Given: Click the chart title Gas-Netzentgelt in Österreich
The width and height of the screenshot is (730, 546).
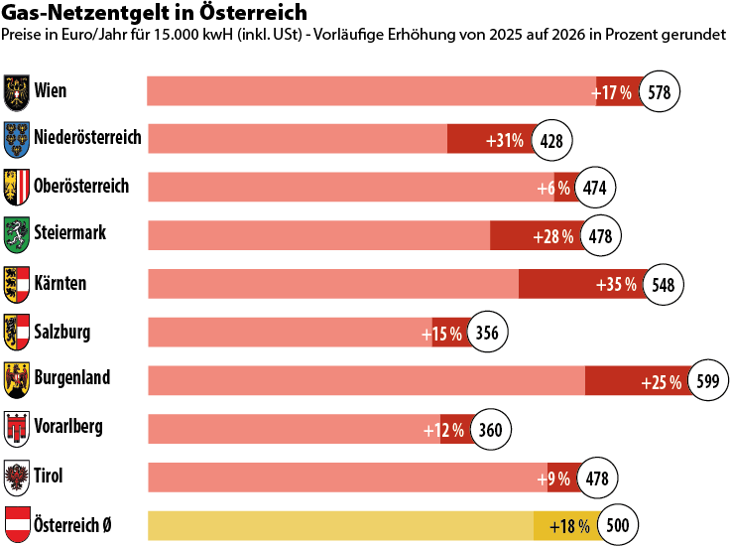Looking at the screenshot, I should coord(156,12).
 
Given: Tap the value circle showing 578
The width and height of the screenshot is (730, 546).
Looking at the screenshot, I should coord(660,92).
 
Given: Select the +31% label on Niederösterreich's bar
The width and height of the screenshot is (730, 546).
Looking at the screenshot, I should coord(505,140).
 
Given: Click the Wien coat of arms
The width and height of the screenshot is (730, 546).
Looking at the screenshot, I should coord(17,91).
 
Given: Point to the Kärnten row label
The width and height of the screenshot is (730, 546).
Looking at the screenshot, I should coord(61,283).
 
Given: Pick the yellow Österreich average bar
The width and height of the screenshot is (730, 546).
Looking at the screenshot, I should coord(367,525).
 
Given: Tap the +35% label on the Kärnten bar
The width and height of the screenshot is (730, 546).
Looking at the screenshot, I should coord(616,285).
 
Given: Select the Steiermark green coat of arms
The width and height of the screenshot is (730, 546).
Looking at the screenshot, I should coord(17,234).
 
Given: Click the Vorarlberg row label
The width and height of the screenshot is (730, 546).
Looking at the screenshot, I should coord(67,428).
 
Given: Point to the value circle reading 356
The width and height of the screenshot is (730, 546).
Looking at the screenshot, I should coord(487,333).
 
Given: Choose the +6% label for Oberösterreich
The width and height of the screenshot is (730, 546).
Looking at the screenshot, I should coord(553,188).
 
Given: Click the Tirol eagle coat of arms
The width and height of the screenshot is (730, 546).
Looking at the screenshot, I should coord(17,477).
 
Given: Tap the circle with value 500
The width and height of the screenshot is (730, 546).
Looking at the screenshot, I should coord(617,525).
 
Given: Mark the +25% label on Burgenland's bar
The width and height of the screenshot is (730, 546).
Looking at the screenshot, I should coord(662,382).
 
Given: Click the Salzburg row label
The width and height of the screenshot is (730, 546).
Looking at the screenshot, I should coord(61,331).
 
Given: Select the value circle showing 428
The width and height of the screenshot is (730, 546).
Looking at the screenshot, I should coord(552,140).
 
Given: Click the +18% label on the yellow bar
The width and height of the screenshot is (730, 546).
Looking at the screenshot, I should coord(570,525).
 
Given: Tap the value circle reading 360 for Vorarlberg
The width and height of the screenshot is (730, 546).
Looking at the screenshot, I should coord(490,430).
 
